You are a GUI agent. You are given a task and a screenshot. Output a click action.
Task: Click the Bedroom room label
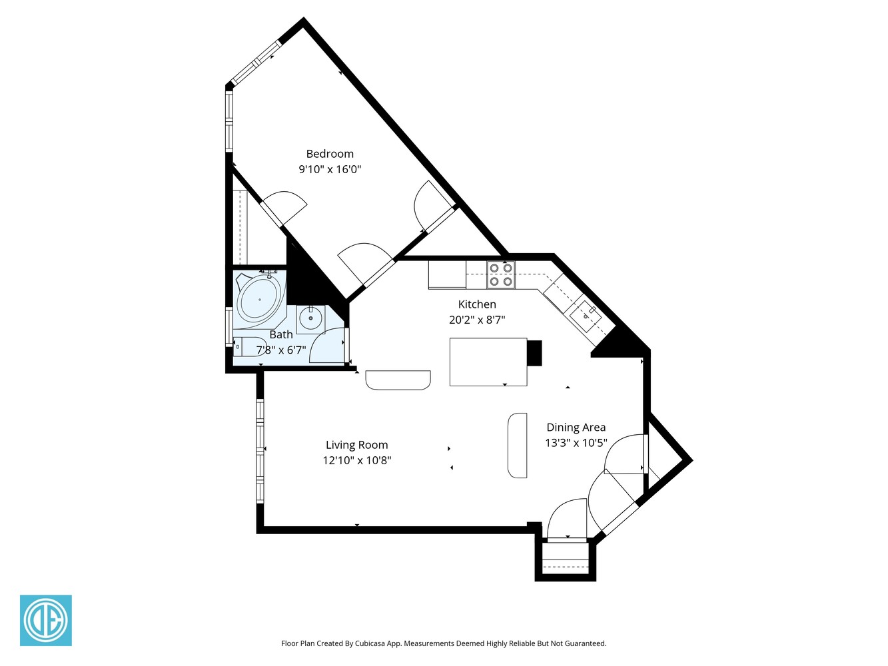click(x=330, y=154)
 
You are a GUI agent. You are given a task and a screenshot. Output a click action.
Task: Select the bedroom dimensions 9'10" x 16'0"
click(x=330, y=169)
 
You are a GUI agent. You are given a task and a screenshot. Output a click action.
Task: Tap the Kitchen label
click(x=477, y=304)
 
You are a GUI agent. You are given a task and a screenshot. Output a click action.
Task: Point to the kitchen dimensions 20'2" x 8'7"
click(x=477, y=320)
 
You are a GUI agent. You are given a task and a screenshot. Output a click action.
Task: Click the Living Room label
click(x=356, y=445)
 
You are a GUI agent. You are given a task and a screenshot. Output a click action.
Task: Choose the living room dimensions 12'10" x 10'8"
click(x=356, y=460)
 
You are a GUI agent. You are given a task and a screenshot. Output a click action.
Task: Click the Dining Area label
click(x=576, y=428)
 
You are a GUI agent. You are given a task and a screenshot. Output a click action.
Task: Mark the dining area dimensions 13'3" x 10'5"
click(x=576, y=443)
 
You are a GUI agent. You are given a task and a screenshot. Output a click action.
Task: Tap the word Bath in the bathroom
click(x=281, y=334)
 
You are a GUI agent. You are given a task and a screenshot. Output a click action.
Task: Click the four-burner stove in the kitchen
click(x=501, y=274)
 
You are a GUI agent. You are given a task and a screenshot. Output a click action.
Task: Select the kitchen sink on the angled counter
click(x=586, y=314)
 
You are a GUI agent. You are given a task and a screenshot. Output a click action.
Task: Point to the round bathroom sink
click(x=310, y=319)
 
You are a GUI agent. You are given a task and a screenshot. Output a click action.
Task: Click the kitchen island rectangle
click(x=488, y=362)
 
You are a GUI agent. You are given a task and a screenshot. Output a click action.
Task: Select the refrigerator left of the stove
click(x=446, y=274)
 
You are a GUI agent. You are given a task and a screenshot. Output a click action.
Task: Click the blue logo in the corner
click(x=46, y=620)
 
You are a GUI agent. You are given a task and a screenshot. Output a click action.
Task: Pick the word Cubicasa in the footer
click(x=372, y=643)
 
